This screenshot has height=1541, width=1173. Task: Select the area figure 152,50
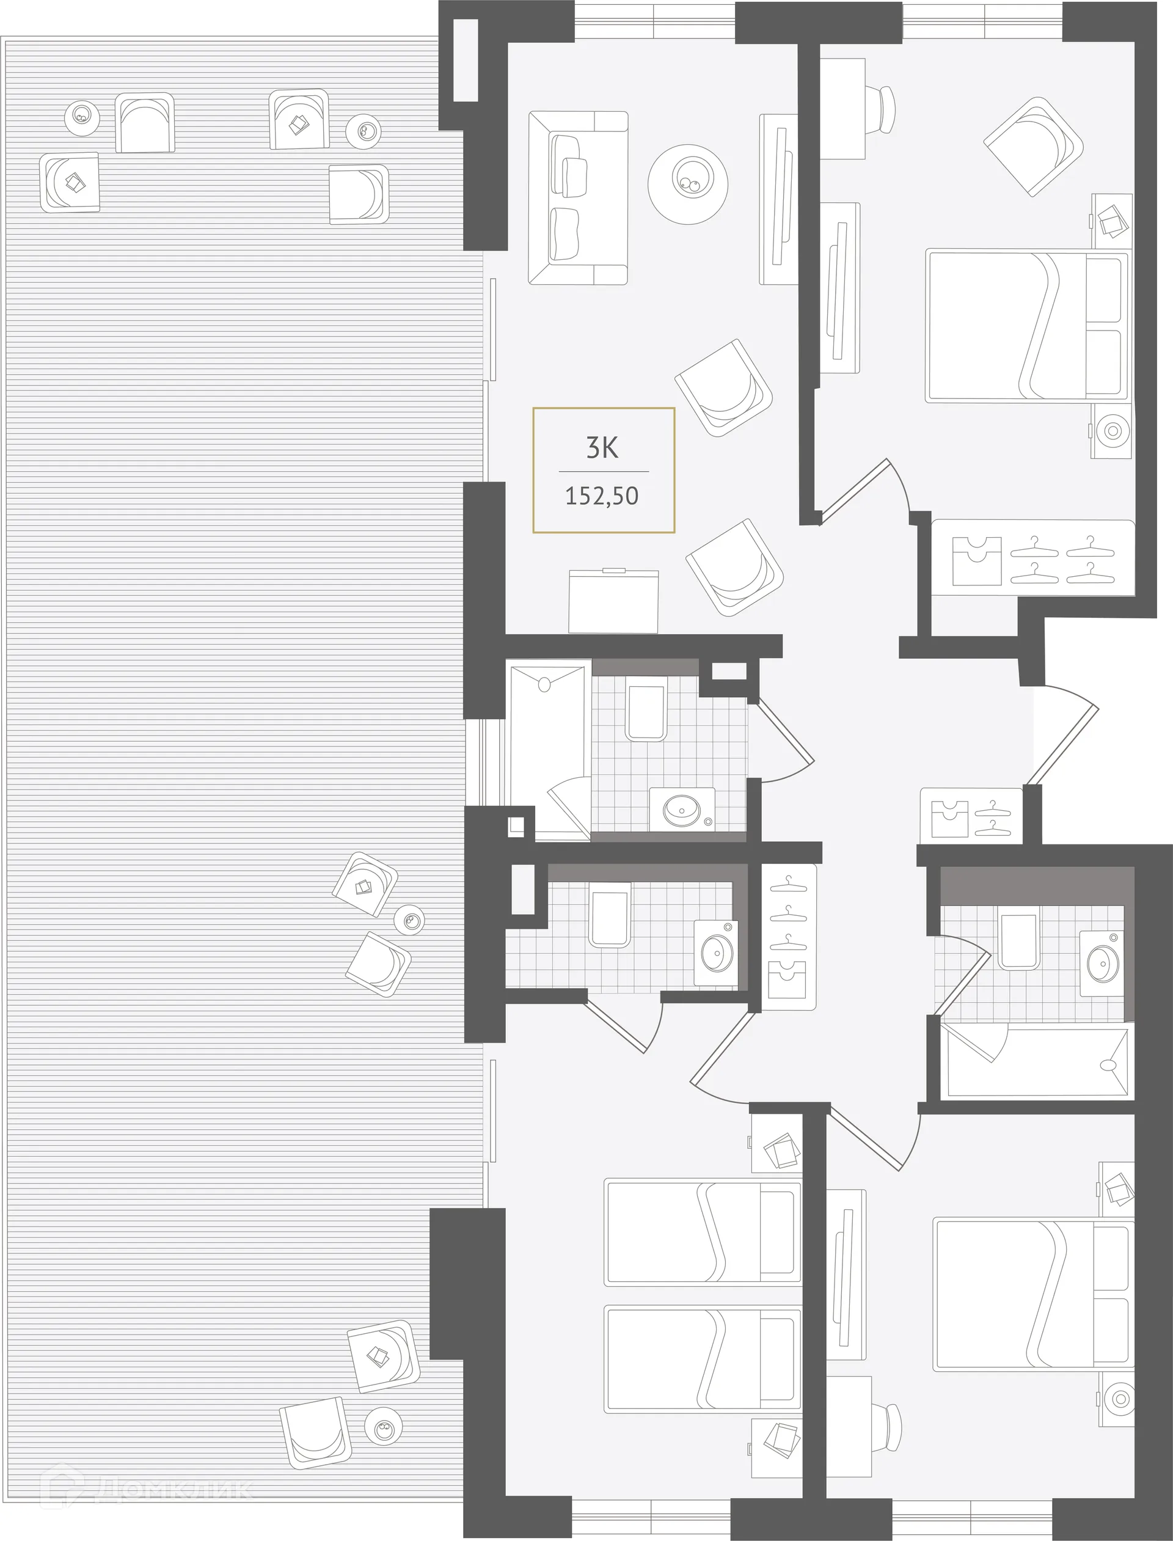(602, 496)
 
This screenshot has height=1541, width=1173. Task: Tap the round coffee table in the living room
(687, 184)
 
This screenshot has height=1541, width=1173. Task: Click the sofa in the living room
(578, 197)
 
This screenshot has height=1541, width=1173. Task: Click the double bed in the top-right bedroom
(1026, 326)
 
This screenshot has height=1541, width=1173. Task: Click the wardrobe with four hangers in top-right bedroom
(1033, 559)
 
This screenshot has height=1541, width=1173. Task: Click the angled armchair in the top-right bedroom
(1033, 146)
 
